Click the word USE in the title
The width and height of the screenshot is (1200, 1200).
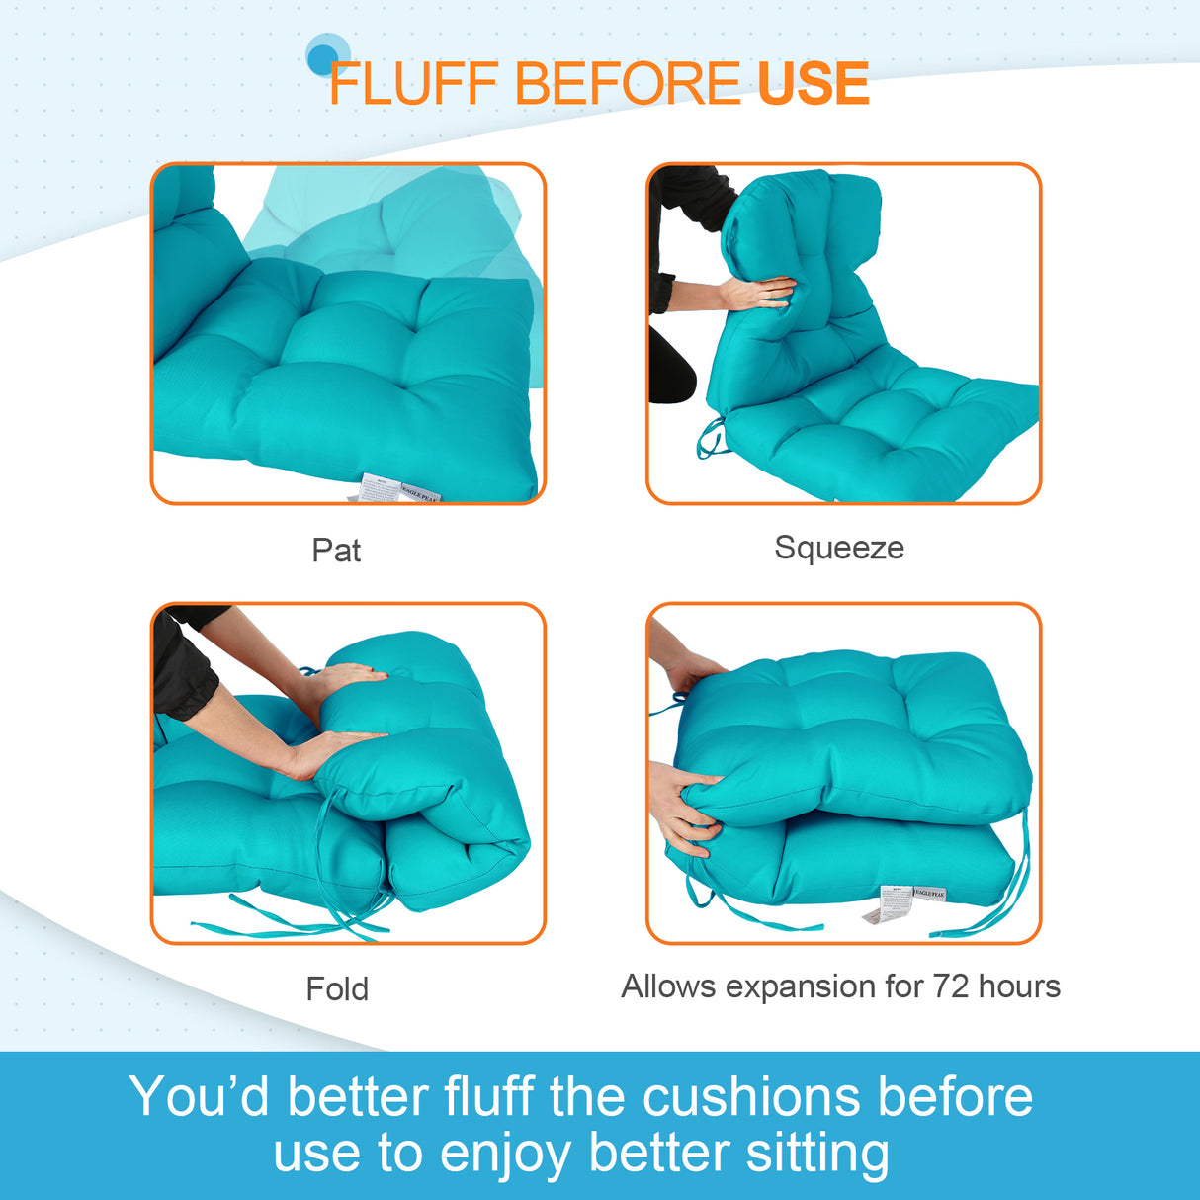[x=813, y=84]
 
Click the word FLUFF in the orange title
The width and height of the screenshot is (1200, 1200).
[x=412, y=84]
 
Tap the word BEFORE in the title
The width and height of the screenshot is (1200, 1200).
[x=627, y=84]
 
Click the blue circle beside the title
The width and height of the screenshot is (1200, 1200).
[x=324, y=58]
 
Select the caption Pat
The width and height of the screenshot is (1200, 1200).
[x=336, y=551]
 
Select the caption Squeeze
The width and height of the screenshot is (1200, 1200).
[x=838, y=548]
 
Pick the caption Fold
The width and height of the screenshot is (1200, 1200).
[x=337, y=988]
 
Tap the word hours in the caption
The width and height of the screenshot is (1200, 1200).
[x=1019, y=986]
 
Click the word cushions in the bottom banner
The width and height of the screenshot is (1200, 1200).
[x=751, y=1097]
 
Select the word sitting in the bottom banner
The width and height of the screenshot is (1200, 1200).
[x=817, y=1153]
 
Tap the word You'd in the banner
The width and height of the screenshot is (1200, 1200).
[x=199, y=1097]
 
